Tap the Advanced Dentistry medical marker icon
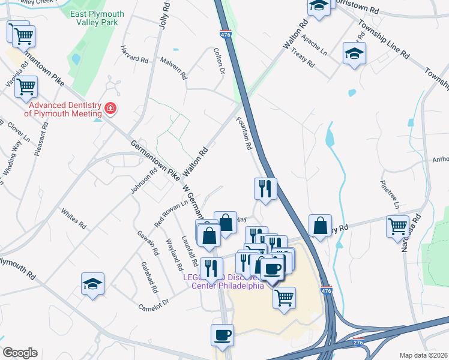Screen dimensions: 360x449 (x=110, y=109)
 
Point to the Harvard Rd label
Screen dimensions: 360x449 (x=134, y=55)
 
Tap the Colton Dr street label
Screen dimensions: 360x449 (x=218, y=62)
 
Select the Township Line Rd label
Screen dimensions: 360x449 (x=384, y=38)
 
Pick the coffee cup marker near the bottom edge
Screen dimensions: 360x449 (x=222, y=334)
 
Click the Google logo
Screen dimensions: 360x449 (x=20, y=353)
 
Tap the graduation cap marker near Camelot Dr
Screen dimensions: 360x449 (x=93, y=283)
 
